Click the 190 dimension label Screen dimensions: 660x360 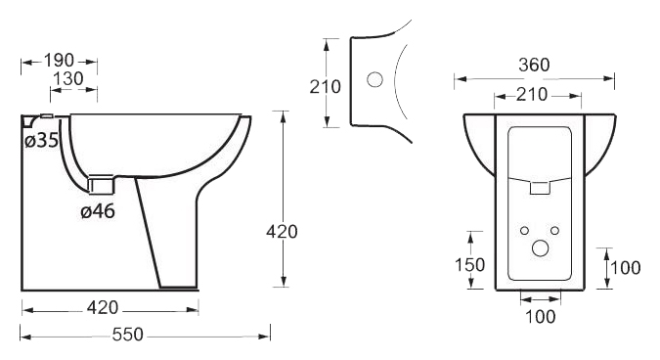(59, 61)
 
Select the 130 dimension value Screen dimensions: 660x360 (68, 78)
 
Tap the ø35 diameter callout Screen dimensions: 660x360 (41, 140)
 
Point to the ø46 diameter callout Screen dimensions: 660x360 (98, 211)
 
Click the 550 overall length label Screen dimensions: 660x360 (128, 335)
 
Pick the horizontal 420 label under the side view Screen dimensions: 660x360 (103, 308)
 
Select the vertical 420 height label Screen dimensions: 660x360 (282, 232)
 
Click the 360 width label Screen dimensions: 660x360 (534, 65)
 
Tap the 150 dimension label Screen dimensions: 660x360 (469, 265)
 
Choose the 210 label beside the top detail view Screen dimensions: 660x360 (326, 87)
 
